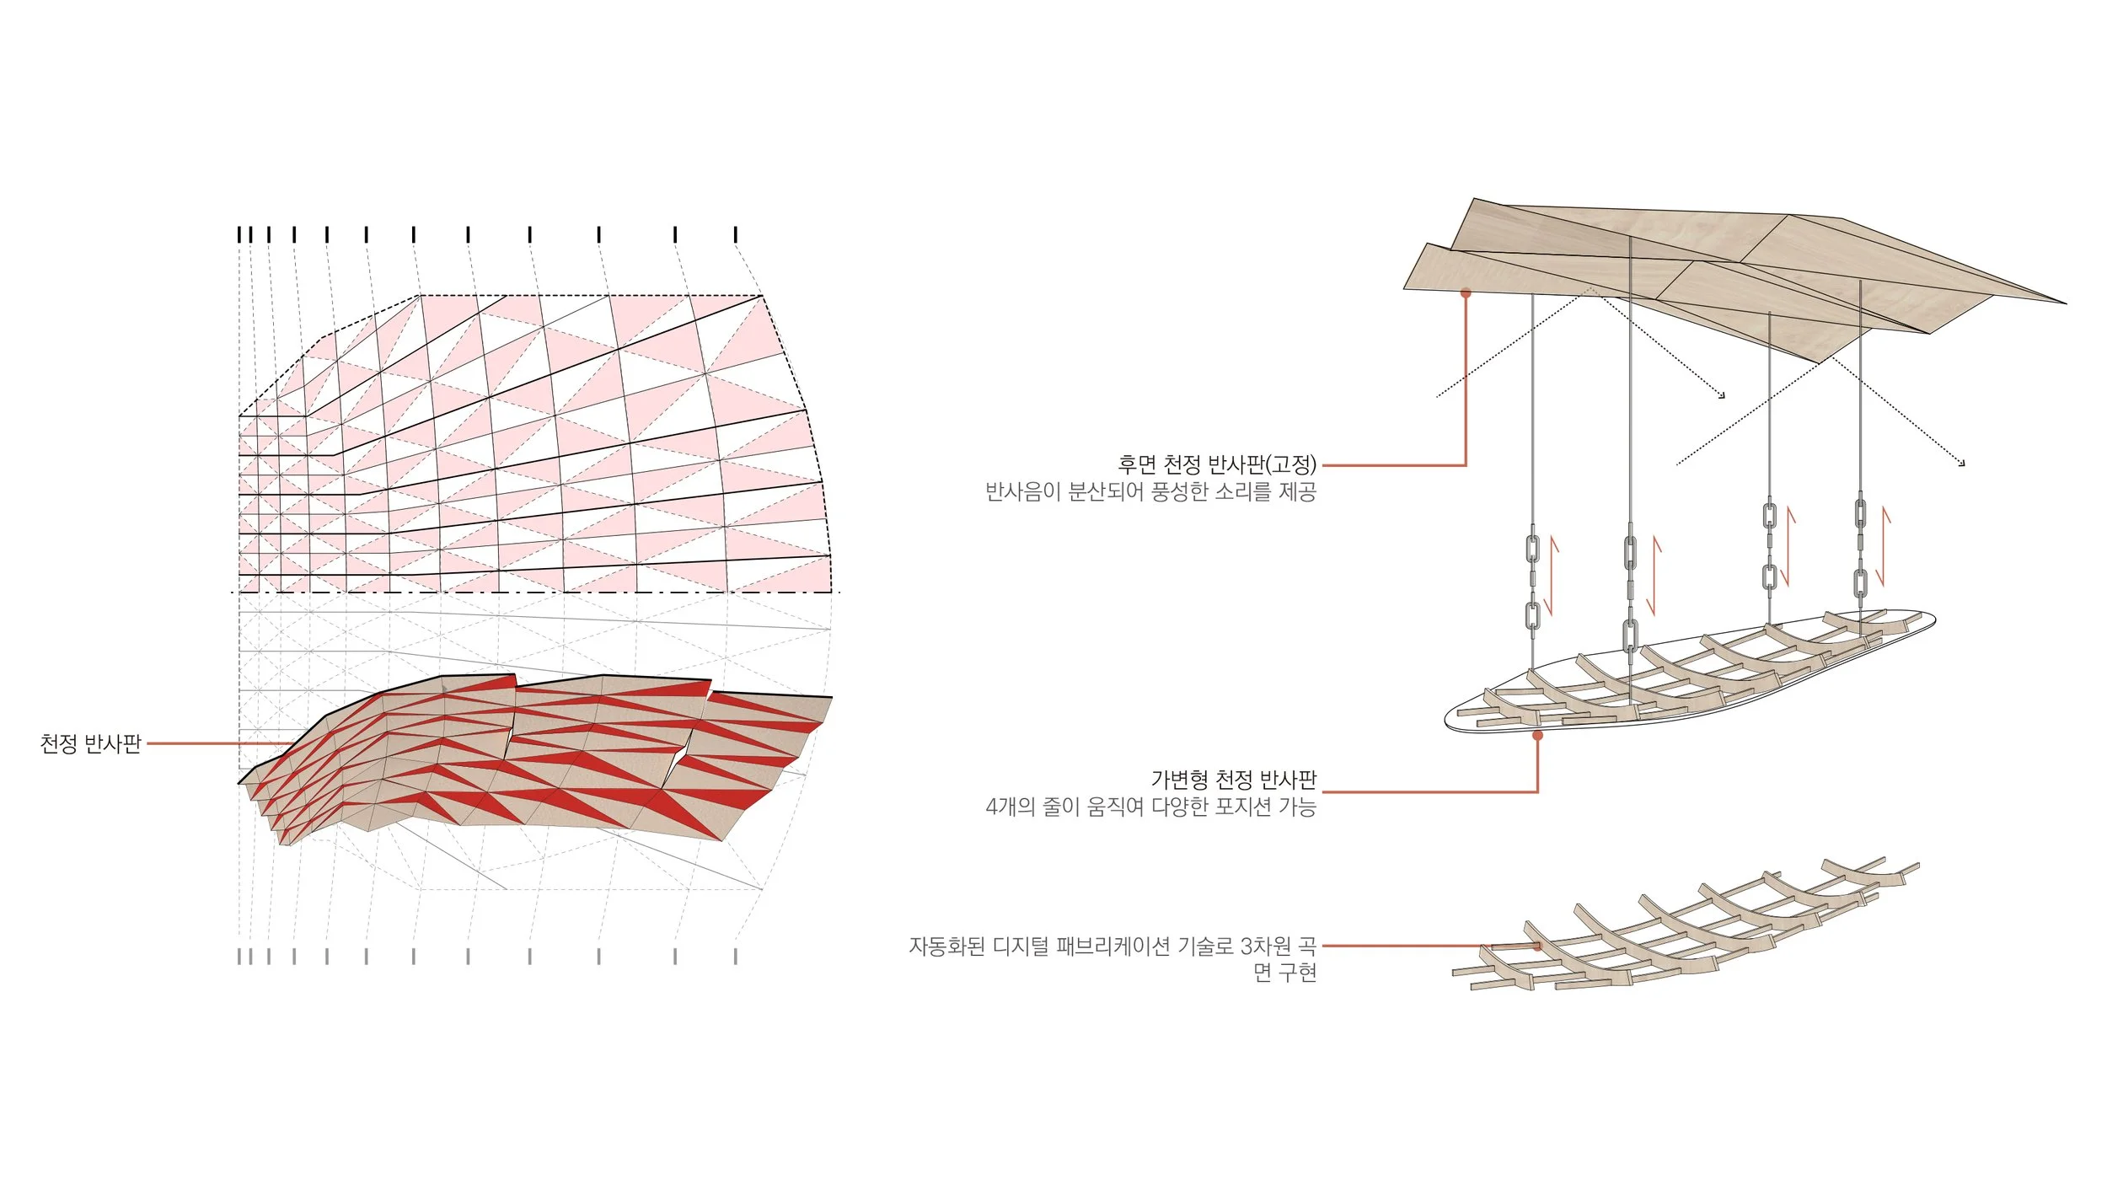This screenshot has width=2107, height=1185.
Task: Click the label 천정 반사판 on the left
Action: pyautogui.click(x=90, y=743)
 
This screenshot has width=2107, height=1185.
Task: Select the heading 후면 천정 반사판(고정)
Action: pyautogui.click(x=1216, y=464)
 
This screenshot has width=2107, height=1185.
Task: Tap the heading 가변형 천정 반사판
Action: pyautogui.click(x=1233, y=780)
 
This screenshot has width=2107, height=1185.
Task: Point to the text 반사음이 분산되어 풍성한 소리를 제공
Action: pyautogui.click(x=1150, y=491)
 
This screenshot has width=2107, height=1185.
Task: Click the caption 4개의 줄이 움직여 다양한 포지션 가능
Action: pyautogui.click(x=1150, y=807)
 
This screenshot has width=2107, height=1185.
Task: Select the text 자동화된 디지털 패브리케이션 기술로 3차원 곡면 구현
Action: pyautogui.click(x=1112, y=958)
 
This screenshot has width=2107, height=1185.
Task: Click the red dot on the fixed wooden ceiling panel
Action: pyautogui.click(x=1466, y=293)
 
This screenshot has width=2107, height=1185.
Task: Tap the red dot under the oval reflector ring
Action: pyautogui.click(x=1537, y=736)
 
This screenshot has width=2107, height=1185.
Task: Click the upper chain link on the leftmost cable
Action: pyautogui.click(x=1532, y=549)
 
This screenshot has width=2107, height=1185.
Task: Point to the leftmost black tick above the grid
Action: pyautogui.click(x=239, y=234)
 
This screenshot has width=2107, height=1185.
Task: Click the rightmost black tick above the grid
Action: pyautogui.click(x=736, y=234)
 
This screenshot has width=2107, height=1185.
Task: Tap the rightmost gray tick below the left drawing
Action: pyautogui.click(x=736, y=957)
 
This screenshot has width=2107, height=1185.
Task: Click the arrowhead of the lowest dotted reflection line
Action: pyautogui.click(x=1963, y=464)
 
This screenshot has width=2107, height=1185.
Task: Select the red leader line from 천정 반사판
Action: pyautogui.click(x=219, y=743)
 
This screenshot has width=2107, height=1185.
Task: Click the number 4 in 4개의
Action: pyautogui.click(x=992, y=807)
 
